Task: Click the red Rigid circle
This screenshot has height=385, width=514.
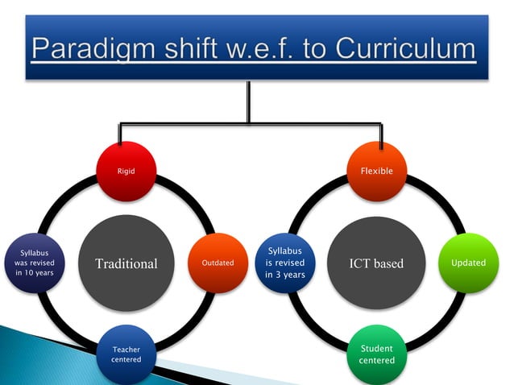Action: [x=126, y=171]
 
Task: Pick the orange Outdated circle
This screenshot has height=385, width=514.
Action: [x=218, y=263]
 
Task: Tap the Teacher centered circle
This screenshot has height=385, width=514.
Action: [x=126, y=354]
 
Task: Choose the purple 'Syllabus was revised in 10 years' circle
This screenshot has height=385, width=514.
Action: [x=34, y=263]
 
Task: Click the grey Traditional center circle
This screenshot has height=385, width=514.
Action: [x=126, y=263]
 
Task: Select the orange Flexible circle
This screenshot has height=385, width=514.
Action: [x=377, y=171]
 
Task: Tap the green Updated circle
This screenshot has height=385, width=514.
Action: [x=468, y=263]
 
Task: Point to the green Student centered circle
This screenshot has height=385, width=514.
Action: [x=377, y=354]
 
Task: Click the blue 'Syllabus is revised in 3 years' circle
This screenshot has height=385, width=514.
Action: [x=285, y=263]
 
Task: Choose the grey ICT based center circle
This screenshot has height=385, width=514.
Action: [x=377, y=263]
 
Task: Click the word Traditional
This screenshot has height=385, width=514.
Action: [x=126, y=263]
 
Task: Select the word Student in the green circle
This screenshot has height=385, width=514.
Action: [x=377, y=349]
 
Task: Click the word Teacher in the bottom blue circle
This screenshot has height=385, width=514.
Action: [x=126, y=350]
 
